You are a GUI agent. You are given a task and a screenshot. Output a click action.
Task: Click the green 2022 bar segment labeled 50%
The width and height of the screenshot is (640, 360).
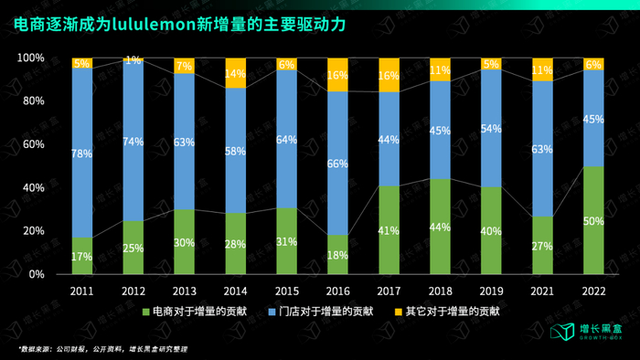(592, 220)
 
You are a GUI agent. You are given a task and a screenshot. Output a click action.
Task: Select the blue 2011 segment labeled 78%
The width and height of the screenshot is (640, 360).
(81, 153)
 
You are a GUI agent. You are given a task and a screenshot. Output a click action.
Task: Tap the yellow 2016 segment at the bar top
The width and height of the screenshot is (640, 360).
(337, 75)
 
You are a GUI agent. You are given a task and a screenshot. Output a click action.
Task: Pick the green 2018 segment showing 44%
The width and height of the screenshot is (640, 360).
(440, 227)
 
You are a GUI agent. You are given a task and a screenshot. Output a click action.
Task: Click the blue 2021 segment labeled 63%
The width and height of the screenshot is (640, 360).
(541, 149)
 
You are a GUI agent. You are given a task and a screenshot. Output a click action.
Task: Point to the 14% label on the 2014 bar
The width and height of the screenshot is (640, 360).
(236, 73)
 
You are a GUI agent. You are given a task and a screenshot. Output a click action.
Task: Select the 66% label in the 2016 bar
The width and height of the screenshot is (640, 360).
(337, 164)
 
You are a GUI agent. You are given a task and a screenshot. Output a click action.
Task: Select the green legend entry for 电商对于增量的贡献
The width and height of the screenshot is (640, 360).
(211, 311)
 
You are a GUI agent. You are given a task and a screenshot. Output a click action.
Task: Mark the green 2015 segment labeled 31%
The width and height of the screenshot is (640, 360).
(286, 241)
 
